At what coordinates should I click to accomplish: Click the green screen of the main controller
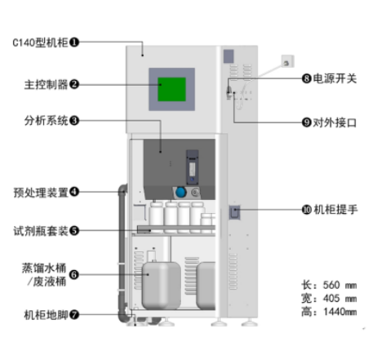pyautogui.click(x=171, y=89)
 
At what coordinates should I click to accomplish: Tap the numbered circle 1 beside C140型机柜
pyautogui.click(x=74, y=42)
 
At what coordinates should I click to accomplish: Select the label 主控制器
pyautogui.click(x=46, y=84)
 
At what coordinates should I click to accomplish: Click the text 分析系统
pyautogui.click(x=46, y=121)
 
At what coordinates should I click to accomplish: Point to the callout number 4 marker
pyautogui.click(x=74, y=192)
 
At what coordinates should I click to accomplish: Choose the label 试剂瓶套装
pyautogui.click(x=41, y=231)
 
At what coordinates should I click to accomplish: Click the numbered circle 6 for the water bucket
pyautogui.click(x=74, y=274)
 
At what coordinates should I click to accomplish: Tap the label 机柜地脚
pyautogui.click(x=46, y=315)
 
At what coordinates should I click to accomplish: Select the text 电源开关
pyautogui.click(x=335, y=78)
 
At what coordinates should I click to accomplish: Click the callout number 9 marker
pyautogui.click(x=307, y=122)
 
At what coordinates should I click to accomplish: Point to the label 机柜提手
pyautogui.click(x=335, y=210)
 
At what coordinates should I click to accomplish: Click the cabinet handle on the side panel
pyautogui.click(x=234, y=212)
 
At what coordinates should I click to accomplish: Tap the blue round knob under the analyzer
pyautogui.click(x=180, y=193)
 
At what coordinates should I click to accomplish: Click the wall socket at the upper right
pyautogui.click(x=288, y=61)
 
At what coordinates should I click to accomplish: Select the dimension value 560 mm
pyautogui.click(x=339, y=285)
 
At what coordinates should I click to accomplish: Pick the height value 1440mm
pyautogui.click(x=340, y=312)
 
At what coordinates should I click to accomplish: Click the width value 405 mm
pyautogui.click(x=339, y=299)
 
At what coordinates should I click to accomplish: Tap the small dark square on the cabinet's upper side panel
pyautogui.click(x=228, y=56)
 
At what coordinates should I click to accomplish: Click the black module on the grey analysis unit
pyautogui.click(x=192, y=167)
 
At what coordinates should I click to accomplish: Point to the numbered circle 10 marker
pyautogui.click(x=307, y=210)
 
